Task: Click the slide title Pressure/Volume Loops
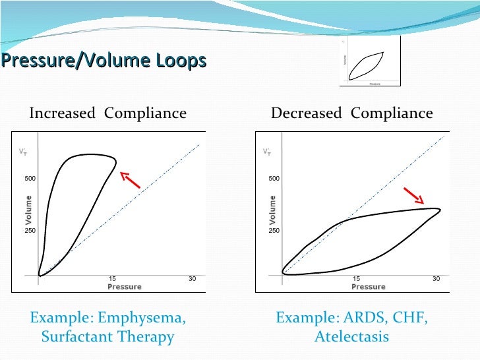coord(104,61)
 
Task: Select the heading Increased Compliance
coord(107,113)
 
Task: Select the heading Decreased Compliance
coord(352,113)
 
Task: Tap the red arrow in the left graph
coord(131,179)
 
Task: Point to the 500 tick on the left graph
coord(30,179)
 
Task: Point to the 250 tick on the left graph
coord(30,231)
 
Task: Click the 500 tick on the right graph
coord(274,179)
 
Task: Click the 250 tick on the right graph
coord(274,231)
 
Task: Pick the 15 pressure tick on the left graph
coord(113,279)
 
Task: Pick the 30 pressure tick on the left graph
coord(192,279)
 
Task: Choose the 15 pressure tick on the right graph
coord(357,279)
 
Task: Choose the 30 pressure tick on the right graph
coord(436,279)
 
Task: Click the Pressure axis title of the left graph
coord(124,287)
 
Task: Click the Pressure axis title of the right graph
coord(368,287)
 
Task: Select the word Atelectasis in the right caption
coord(351,337)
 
